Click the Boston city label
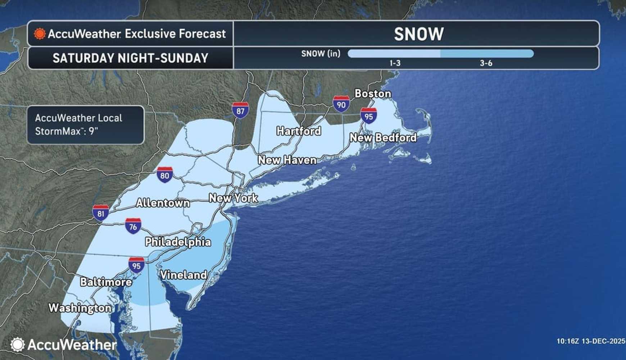(373, 94)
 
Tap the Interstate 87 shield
(240, 110)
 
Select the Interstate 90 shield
(341, 104)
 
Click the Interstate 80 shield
(165, 175)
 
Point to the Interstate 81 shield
(101, 213)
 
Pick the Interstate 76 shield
(133, 226)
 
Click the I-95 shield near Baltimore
(136, 265)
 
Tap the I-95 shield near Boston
(369, 116)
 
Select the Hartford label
(299, 131)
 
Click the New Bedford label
(383, 138)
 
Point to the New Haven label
(287, 160)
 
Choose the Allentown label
(163, 203)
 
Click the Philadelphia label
(178, 242)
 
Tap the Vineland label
(183, 275)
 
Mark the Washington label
(80, 308)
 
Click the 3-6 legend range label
(486, 63)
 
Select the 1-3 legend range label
(395, 63)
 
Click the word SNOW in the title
(419, 34)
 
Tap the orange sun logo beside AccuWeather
(40, 34)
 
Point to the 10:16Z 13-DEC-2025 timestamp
(591, 341)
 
